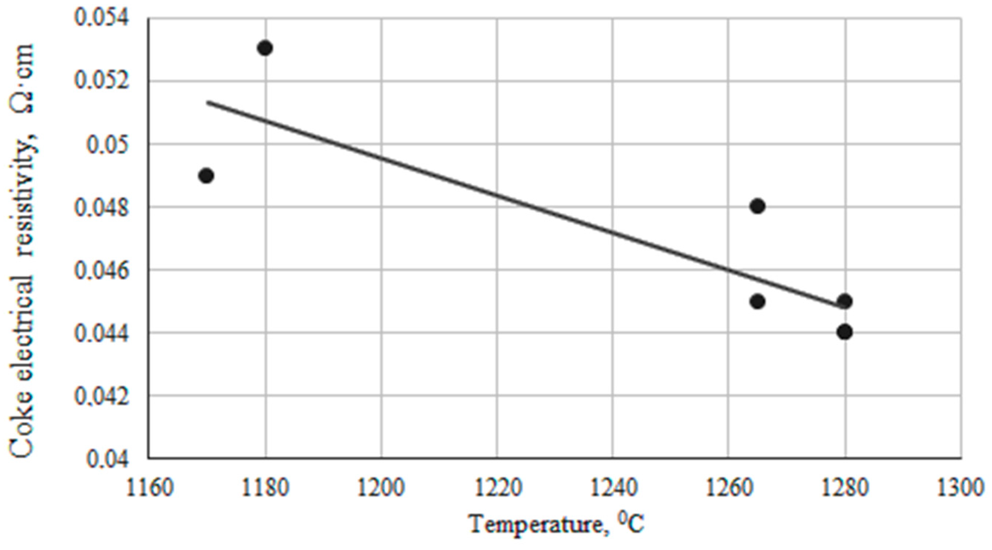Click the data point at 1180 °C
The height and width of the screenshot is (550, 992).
(265, 48)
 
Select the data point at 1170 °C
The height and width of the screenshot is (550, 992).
(206, 176)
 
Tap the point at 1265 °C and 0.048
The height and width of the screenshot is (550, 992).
(757, 206)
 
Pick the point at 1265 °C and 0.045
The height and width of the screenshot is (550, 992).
(757, 301)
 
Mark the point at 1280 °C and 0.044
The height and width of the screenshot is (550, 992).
(844, 332)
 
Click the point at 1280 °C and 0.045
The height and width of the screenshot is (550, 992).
(844, 301)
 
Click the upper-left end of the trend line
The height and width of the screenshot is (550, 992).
(208, 102)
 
